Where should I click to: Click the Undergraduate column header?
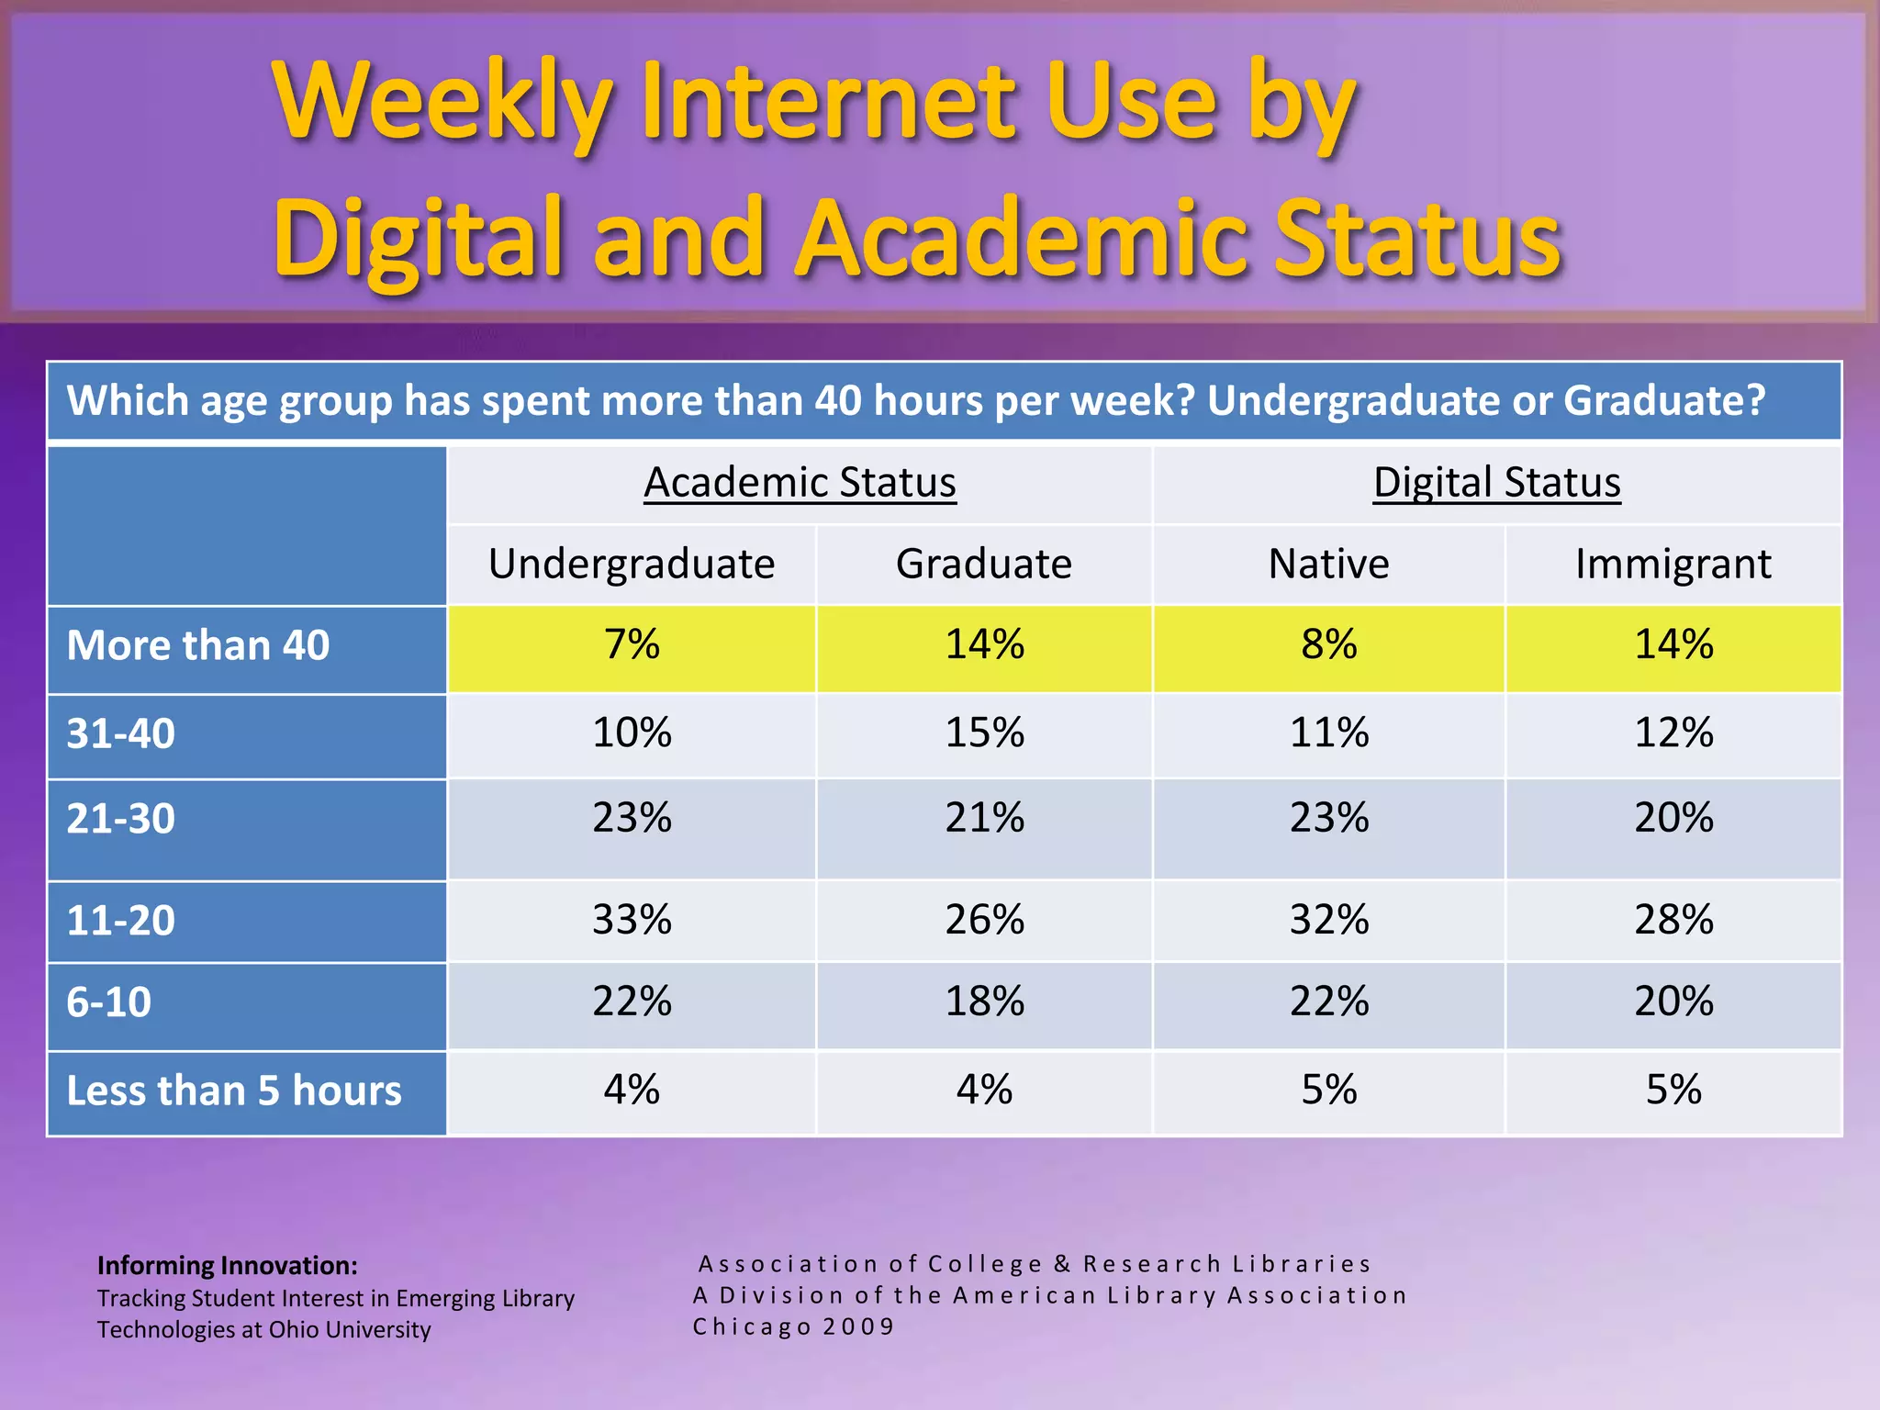(x=632, y=564)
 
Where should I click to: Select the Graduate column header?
(x=984, y=564)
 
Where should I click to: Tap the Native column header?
(x=1328, y=564)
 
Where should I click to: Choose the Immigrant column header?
(x=1673, y=564)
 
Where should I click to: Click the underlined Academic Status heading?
(x=800, y=483)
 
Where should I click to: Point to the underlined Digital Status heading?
(x=1496, y=483)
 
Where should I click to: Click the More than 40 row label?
(x=198, y=645)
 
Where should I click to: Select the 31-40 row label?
(x=121, y=733)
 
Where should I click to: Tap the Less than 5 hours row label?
(x=234, y=1091)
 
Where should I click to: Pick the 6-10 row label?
(x=109, y=1002)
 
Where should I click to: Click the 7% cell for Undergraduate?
(x=632, y=644)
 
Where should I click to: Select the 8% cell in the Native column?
(x=1328, y=644)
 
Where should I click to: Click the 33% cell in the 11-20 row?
(x=632, y=920)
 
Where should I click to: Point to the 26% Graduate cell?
(x=984, y=920)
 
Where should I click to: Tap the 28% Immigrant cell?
(x=1673, y=920)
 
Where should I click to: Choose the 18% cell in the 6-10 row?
(x=984, y=1002)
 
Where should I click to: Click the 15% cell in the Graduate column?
(x=984, y=733)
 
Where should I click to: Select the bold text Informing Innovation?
(x=228, y=1266)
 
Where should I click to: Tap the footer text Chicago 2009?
(x=793, y=1326)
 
